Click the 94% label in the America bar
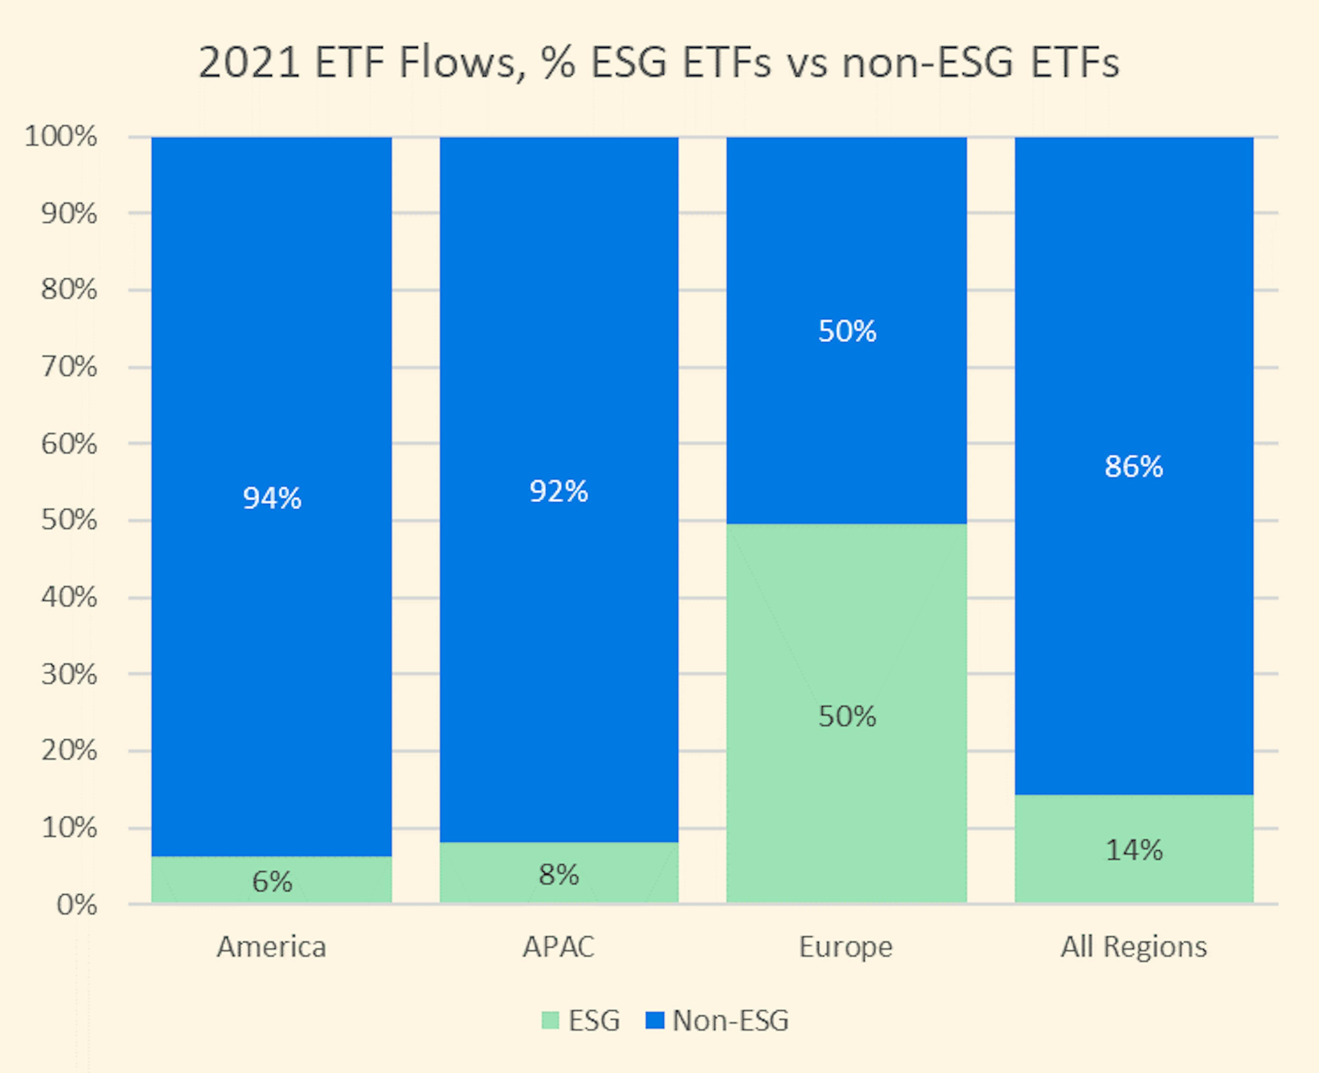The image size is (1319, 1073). tap(272, 498)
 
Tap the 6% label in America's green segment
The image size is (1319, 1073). tap(272, 881)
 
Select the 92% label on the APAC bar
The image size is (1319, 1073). tap(559, 491)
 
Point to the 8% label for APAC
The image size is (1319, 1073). tap(559, 875)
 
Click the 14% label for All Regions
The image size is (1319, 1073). tap(1134, 850)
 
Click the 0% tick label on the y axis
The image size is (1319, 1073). tap(77, 905)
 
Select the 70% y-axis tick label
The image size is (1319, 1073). tap(69, 367)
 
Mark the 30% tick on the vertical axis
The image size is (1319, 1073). tap(69, 674)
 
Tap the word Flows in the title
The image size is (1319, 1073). tap(457, 63)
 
